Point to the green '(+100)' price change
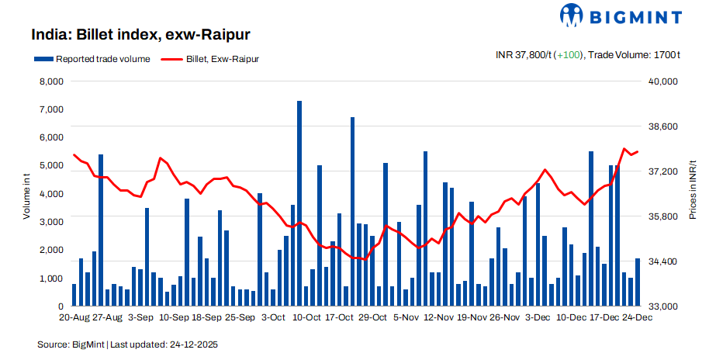pos(570,55)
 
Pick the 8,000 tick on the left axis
pos(52,81)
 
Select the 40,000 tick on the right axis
pos(662,81)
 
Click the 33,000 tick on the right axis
pos(662,306)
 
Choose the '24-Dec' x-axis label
pos(637,317)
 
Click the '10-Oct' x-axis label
pos(306,317)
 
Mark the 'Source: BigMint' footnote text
pos(71,343)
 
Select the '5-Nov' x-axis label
pos(406,317)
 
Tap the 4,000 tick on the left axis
pos(52,194)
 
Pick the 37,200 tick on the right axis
pos(662,171)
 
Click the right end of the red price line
pos(638,151)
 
